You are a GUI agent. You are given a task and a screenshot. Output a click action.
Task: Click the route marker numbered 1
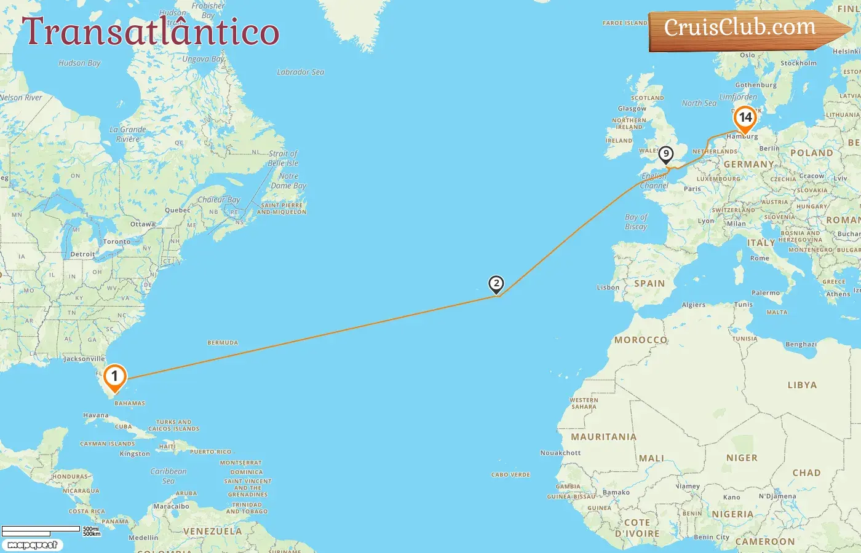[x=114, y=377]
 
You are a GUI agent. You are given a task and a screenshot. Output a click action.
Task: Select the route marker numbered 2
[x=496, y=284]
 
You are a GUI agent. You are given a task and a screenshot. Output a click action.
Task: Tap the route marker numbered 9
[x=665, y=154]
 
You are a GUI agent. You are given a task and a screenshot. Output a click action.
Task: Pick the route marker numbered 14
[x=745, y=118]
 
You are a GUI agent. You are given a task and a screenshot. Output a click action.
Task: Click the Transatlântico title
[x=151, y=32]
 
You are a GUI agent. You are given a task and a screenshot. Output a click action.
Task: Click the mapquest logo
[x=32, y=545]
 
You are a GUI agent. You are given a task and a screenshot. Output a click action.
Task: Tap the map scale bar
[x=42, y=531]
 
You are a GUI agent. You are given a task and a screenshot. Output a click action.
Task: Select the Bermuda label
[x=223, y=343]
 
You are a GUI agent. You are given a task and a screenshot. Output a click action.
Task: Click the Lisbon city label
[x=608, y=288]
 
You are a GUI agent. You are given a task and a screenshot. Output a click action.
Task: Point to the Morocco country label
[x=641, y=340]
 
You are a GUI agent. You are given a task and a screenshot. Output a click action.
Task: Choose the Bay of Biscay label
[x=636, y=222]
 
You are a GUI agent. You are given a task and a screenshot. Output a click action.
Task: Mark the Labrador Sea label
[x=300, y=72]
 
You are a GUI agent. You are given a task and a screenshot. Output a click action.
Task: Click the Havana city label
[x=95, y=415]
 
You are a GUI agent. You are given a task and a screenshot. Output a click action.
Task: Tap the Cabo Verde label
[x=510, y=475]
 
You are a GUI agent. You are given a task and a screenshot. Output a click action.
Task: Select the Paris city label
[x=692, y=189]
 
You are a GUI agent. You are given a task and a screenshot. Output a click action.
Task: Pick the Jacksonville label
[x=84, y=359]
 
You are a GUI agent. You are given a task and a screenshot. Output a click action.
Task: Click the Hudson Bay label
[x=79, y=63]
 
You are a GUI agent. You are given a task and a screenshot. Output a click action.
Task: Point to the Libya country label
[x=802, y=385]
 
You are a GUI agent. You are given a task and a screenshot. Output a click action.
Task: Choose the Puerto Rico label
[x=210, y=452]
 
